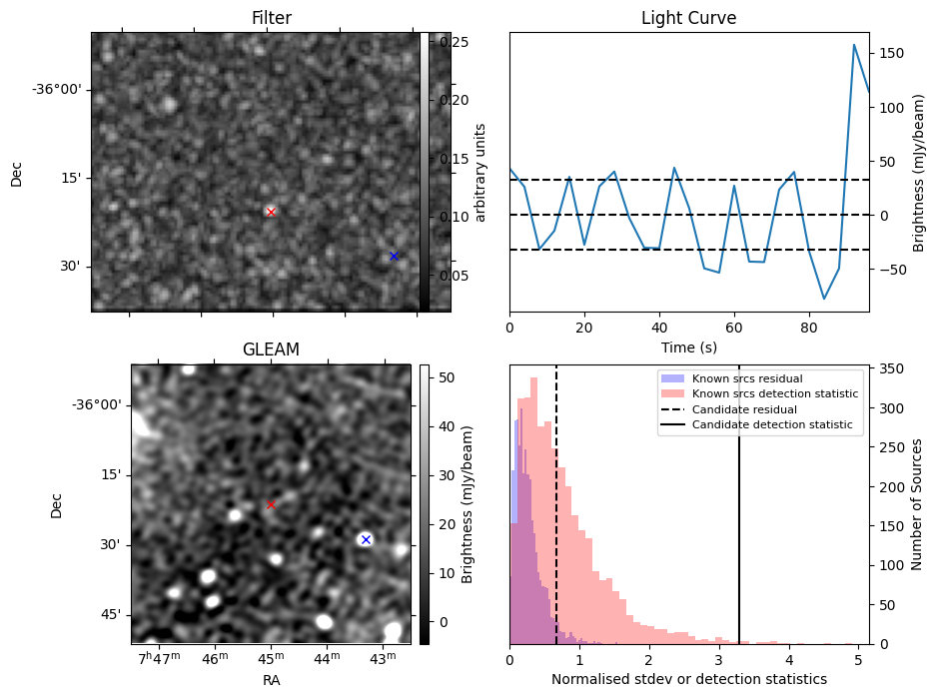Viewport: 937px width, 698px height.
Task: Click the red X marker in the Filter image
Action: click(271, 212)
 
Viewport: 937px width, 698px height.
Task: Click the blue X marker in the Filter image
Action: click(394, 256)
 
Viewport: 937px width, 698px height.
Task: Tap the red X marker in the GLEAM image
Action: click(270, 505)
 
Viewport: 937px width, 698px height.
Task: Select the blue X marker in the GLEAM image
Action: click(366, 539)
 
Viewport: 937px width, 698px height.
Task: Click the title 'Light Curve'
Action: click(688, 19)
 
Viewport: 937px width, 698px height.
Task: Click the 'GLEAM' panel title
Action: click(271, 349)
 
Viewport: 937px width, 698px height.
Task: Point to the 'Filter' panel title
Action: click(271, 19)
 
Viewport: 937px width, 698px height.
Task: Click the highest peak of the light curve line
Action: click(854, 45)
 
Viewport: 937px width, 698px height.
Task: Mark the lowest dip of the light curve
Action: click(824, 299)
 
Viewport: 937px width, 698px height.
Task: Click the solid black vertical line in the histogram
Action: click(739, 499)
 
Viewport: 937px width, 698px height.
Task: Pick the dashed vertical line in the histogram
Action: click(556, 499)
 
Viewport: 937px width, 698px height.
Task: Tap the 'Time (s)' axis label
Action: click(688, 348)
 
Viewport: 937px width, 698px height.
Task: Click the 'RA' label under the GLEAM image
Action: click(271, 680)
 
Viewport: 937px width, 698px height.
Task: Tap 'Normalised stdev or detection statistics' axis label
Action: click(688, 679)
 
